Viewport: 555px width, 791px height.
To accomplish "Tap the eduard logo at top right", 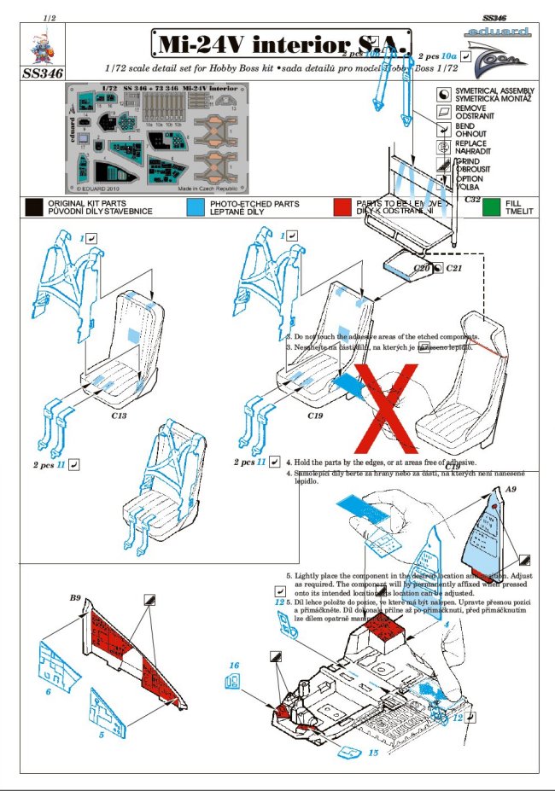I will (x=499, y=34).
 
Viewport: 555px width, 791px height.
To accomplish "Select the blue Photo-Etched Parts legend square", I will (x=196, y=206).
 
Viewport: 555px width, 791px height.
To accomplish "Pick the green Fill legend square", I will (x=491, y=206).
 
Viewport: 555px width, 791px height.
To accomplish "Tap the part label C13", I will (x=119, y=416).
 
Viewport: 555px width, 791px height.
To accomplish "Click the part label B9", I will (x=75, y=599).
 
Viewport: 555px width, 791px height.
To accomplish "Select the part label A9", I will (x=511, y=489).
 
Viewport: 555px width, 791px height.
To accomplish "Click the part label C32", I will (x=473, y=199).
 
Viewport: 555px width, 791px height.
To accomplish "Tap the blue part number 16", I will (x=233, y=665).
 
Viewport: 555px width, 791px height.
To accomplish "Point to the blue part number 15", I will (x=373, y=753).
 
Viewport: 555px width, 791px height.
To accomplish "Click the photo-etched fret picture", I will (x=156, y=135).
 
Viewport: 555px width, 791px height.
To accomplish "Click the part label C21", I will (x=453, y=268).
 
